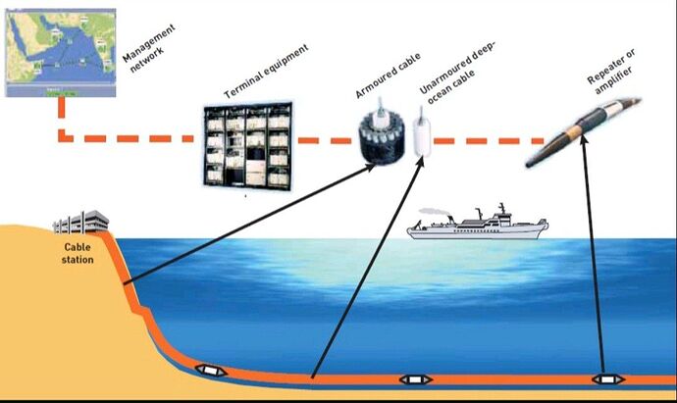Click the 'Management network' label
click(149, 48)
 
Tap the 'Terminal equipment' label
click(267, 72)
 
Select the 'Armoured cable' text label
click(388, 76)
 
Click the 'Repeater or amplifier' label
click(611, 72)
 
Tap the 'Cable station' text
click(78, 253)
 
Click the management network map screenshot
click(61, 52)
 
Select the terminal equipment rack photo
click(248, 144)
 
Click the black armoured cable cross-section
click(382, 136)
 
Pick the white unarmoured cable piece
click(422, 134)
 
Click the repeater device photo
click(584, 131)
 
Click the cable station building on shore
click(80, 223)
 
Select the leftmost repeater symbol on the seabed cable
click(211, 371)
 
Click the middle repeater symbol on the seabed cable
click(416, 379)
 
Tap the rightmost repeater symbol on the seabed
click(607, 379)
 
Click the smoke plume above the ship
click(434, 212)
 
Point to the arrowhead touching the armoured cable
click(370, 168)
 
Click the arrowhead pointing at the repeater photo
click(584, 140)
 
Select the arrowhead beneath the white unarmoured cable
click(420, 163)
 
